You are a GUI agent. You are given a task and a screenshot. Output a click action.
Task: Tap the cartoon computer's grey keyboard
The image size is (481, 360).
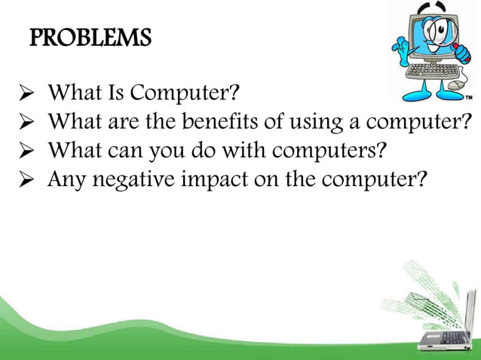pos(433,72)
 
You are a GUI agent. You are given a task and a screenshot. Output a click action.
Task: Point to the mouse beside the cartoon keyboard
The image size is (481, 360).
pos(457,87)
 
